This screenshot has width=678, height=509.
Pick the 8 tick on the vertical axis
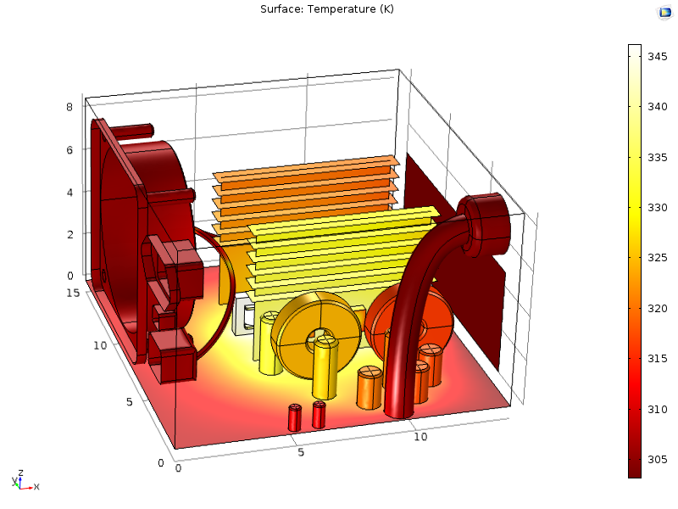(69, 107)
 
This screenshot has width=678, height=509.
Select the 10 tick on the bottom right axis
(421, 436)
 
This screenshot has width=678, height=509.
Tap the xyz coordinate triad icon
(24, 481)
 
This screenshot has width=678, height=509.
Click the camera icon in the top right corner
(664, 12)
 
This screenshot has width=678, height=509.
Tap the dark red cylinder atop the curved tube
(484, 222)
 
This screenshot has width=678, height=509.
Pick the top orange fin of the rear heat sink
(305, 167)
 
